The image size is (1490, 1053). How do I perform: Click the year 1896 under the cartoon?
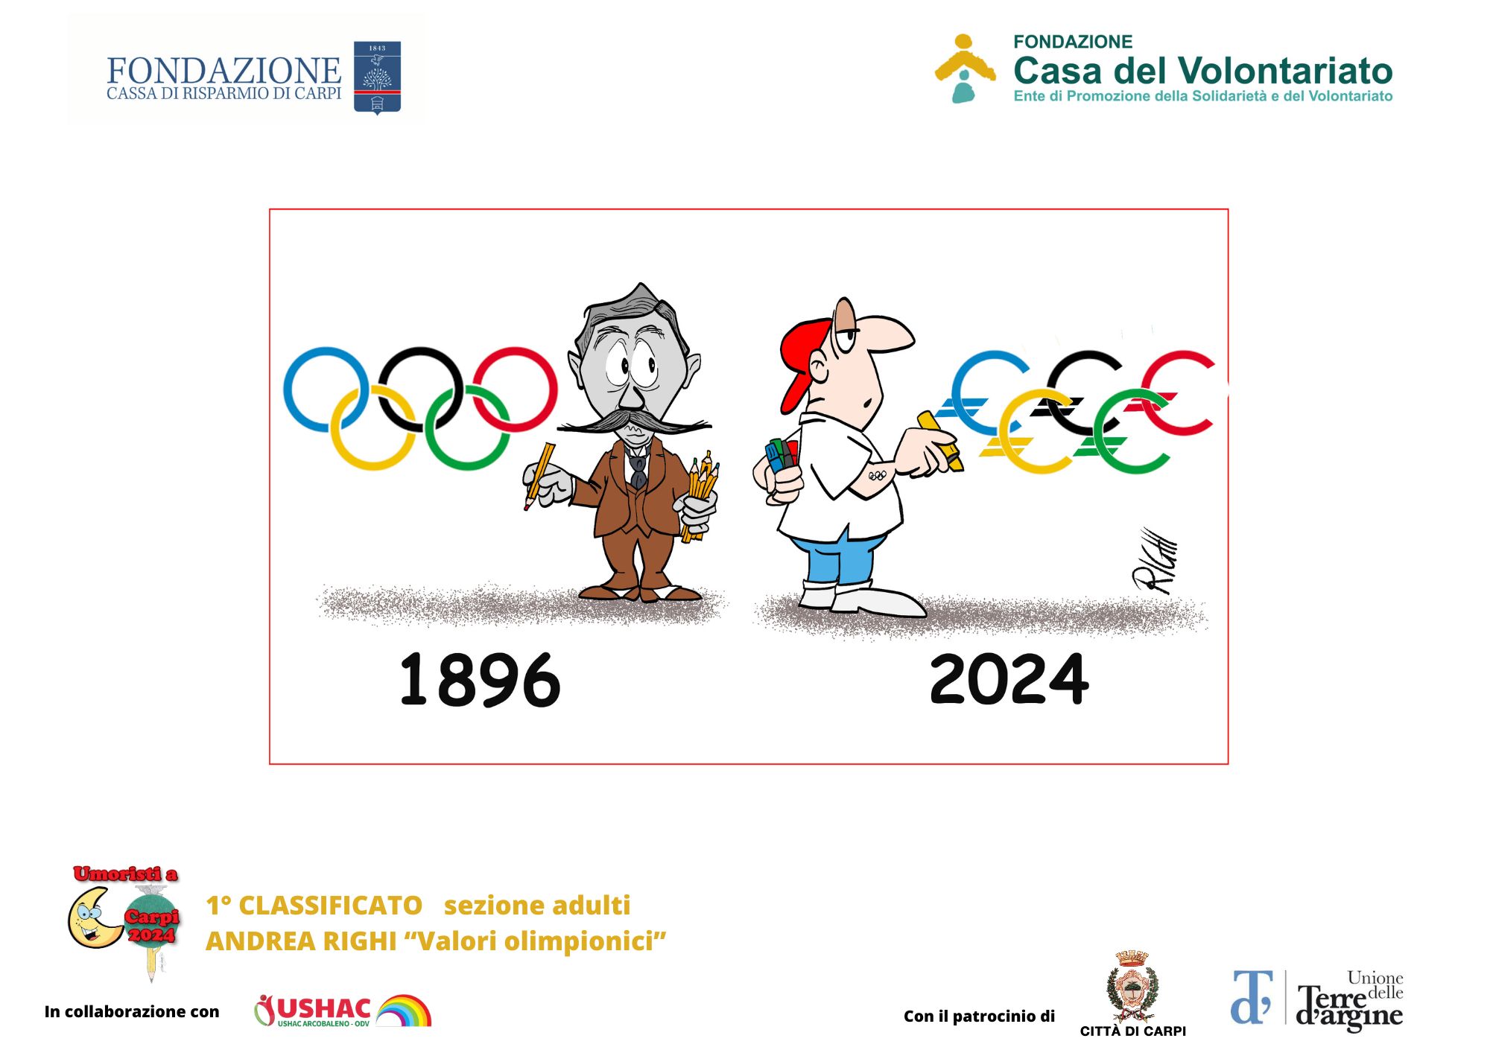pos(480,679)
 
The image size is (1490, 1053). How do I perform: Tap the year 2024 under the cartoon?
pos(1009,679)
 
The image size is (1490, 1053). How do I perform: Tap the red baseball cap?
pos(801,357)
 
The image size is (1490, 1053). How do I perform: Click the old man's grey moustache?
pos(633,423)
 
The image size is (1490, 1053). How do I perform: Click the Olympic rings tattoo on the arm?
pos(877,475)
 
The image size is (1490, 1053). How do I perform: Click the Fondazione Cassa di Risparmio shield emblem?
pos(377,77)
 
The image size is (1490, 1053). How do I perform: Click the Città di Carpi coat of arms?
pos(1132,984)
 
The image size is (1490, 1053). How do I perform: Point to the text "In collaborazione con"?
pos(132,1011)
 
